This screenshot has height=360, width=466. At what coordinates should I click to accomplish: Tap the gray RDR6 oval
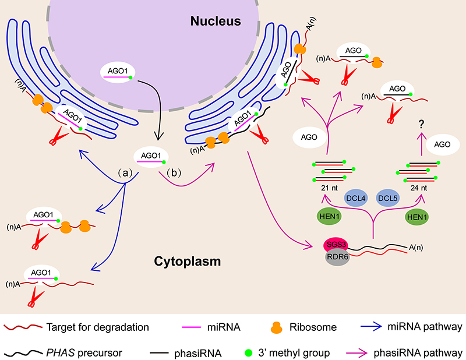coord(337,258)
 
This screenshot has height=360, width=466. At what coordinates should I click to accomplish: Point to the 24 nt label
coord(419,188)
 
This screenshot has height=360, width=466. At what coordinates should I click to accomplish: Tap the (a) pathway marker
coord(128,173)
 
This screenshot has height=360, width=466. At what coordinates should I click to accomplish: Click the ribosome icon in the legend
coord(285,326)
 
